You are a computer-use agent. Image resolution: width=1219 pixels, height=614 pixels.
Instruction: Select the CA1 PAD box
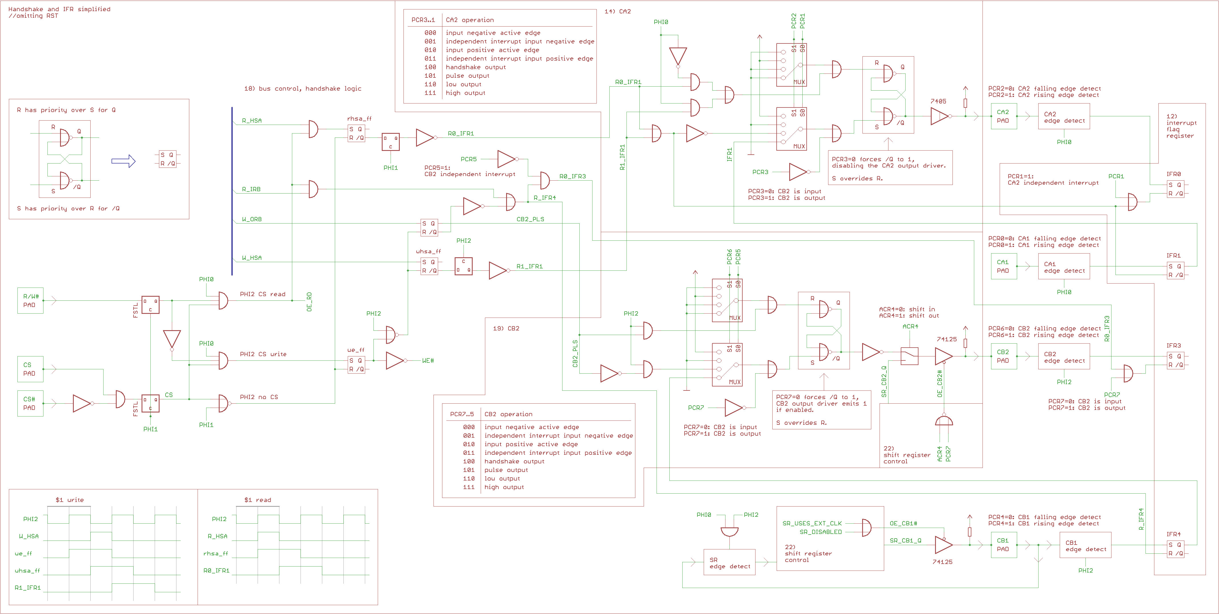click(x=1003, y=266)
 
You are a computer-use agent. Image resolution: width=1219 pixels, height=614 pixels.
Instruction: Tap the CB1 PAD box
click(x=1003, y=545)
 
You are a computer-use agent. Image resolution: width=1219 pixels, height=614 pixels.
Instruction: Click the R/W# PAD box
click(x=30, y=300)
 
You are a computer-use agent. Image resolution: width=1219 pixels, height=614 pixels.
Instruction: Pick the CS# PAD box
click(x=30, y=404)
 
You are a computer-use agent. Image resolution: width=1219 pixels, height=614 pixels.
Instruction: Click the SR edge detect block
click(x=729, y=563)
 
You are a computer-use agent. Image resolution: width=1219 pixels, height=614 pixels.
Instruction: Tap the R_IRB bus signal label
click(x=251, y=189)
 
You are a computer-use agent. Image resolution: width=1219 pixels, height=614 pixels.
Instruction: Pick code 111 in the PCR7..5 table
click(x=468, y=487)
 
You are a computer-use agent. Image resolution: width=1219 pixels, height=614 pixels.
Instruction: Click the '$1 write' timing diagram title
click(x=69, y=500)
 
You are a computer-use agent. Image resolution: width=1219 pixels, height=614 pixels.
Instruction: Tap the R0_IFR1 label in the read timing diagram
click(x=216, y=571)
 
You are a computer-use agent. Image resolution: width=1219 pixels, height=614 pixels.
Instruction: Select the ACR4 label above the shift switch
click(x=910, y=326)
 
